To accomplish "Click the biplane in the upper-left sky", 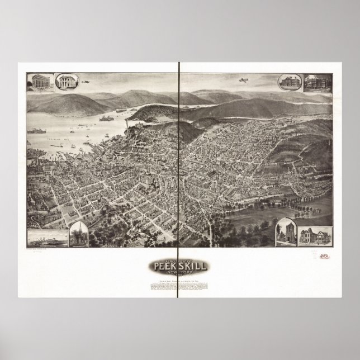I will [86, 82].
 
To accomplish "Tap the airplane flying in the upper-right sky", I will [243, 80].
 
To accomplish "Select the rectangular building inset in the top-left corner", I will [39, 82].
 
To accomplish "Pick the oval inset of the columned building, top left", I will [66, 82].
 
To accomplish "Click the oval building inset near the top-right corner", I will [289, 82].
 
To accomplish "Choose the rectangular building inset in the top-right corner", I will [318, 83].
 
